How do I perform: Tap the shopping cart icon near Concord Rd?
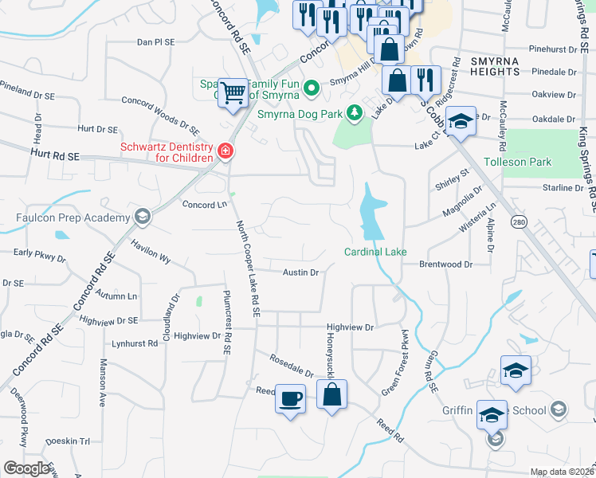(232, 92)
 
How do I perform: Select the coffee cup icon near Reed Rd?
(290, 396)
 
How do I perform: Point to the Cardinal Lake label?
(375, 252)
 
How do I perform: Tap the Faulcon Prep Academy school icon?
(142, 217)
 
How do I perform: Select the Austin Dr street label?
(301, 272)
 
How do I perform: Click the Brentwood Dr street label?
(445, 264)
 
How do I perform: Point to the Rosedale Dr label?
(291, 366)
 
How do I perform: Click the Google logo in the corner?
(26, 468)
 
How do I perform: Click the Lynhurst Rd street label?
(135, 343)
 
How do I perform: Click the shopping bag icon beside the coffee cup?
(331, 394)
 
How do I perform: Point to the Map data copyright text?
(562, 472)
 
